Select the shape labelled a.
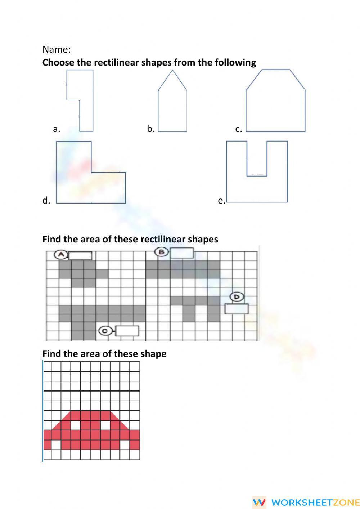pyautogui.click(x=86, y=108)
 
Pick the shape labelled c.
pyautogui.click(x=275, y=104)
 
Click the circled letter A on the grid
pyautogui.click(x=61, y=255)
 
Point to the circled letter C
pyautogui.click(x=105, y=331)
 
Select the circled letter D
pyautogui.click(x=237, y=297)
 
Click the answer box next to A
pyautogui.click(x=80, y=256)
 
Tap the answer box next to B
pyautogui.click(x=182, y=253)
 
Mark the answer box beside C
pyautogui.click(x=127, y=331)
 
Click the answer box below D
pyautogui.click(x=237, y=309)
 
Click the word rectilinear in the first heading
pyautogui.click(x=116, y=63)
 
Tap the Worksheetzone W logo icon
pyautogui.click(x=259, y=502)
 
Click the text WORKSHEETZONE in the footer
pyautogui.click(x=315, y=502)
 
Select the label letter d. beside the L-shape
pyautogui.click(x=46, y=201)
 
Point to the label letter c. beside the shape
pyautogui.click(x=238, y=129)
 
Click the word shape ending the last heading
pyautogui.click(x=154, y=354)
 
